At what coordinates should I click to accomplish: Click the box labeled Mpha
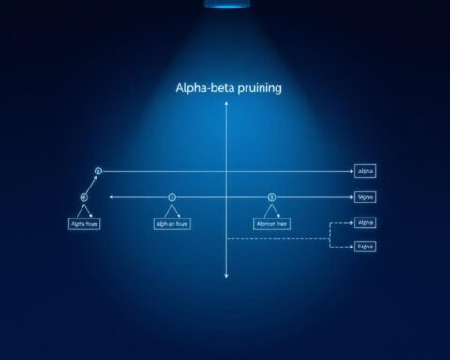[365, 198]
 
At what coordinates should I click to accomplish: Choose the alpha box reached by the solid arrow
[365, 172]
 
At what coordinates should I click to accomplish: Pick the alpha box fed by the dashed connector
[365, 223]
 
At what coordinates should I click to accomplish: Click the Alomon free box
[273, 224]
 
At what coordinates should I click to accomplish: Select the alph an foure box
[172, 224]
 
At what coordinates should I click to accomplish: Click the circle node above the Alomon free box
[272, 198]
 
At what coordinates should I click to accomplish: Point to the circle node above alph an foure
[172, 198]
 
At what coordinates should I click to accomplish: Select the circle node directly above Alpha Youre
[84, 198]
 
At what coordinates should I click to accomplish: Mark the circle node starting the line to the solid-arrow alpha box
[97, 172]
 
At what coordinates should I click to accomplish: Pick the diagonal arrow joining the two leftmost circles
[91, 185]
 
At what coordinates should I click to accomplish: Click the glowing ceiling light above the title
[225, 5]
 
